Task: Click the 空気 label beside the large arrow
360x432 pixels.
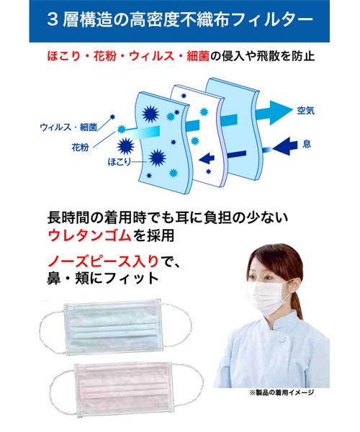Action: (x=305, y=111)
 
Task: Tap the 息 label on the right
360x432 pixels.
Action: (x=307, y=144)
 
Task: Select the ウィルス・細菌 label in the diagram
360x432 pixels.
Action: (x=68, y=127)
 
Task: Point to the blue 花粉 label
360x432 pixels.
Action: (x=80, y=148)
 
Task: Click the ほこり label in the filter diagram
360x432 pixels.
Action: (x=120, y=162)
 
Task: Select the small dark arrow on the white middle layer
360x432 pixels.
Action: (x=207, y=158)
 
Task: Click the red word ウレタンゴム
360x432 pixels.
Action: (x=89, y=236)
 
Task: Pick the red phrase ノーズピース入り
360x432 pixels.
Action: (x=103, y=261)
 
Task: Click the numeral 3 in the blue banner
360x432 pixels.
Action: (x=52, y=19)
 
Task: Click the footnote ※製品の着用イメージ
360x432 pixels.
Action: (x=282, y=392)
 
